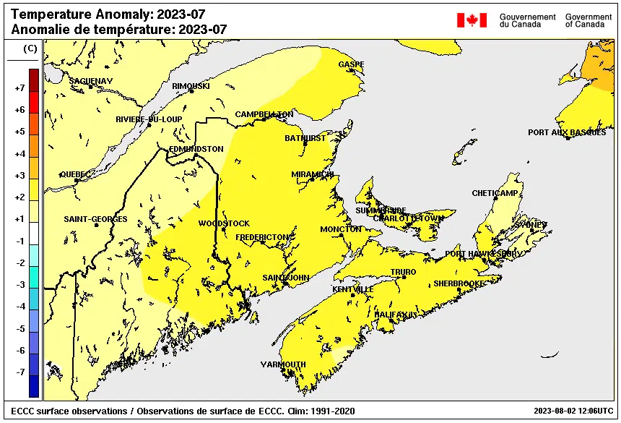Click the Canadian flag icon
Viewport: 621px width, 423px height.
(x=472, y=20)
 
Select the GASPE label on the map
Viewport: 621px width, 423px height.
(x=351, y=64)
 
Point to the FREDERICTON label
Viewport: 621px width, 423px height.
(x=263, y=237)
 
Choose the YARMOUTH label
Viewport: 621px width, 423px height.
(x=283, y=364)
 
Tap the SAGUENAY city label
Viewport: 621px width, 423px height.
(x=91, y=80)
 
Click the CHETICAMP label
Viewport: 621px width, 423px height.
(x=495, y=193)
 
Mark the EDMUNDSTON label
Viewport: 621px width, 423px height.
(x=196, y=149)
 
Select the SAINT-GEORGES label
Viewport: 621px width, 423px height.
(x=95, y=219)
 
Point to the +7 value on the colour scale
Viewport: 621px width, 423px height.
(x=19, y=88)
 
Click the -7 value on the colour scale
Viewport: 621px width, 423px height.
(x=19, y=372)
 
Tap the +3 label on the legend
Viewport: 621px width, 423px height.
(x=19, y=176)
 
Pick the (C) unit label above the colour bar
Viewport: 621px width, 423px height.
(x=30, y=48)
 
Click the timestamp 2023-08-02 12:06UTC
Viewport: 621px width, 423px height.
(x=574, y=411)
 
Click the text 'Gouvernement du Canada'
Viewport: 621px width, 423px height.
(x=527, y=20)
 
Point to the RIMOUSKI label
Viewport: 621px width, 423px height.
(x=191, y=86)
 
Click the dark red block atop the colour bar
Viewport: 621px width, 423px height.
(x=34, y=77)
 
